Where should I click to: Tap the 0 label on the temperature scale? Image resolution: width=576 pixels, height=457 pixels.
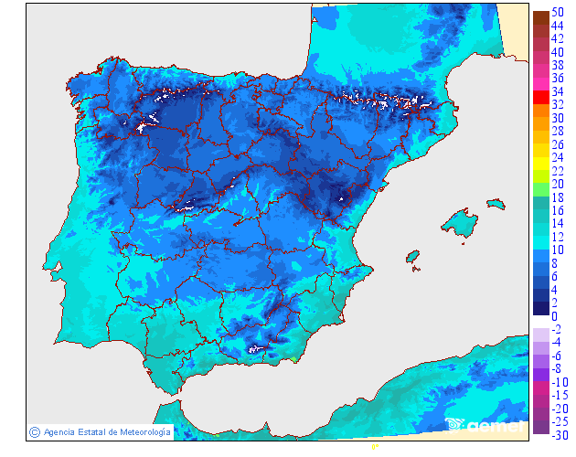(x=555, y=316)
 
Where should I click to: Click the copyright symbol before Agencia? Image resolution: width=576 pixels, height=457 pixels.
(x=34, y=431)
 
